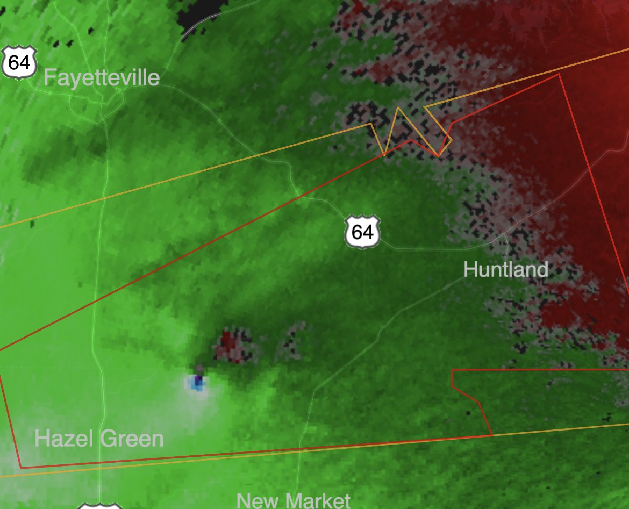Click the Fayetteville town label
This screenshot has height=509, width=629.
click(x=102, y=78)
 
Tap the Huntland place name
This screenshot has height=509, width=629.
click(x=505, y=269)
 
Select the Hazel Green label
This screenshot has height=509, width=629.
click(x=99, y=439)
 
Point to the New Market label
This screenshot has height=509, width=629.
click(x=294, y=500)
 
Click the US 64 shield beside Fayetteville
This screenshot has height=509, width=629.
click(x=19, y=63)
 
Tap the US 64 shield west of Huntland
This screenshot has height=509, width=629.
click(x=362, y=232)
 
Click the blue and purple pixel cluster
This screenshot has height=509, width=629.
click(x=197, y=382)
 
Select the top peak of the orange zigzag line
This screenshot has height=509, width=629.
click(x=398, y=109)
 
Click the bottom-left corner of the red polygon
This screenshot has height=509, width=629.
click(x=21, y=468)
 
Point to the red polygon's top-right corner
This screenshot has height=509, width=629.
click(x=559, y=75)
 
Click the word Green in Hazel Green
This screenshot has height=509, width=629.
click(x=135, y=439)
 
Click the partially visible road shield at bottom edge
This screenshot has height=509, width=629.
click(x=99, y=506)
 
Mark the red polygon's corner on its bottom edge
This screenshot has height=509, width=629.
click(x=491, y=435)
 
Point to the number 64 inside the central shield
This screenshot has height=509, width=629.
click(x=362, y=233)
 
